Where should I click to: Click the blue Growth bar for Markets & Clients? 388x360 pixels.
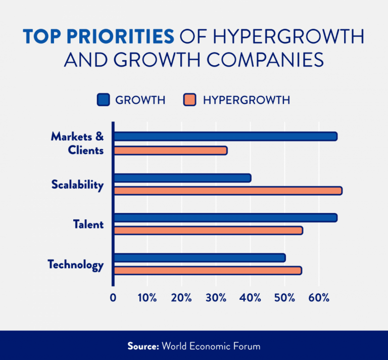pyautogui.click(x=225, y=137)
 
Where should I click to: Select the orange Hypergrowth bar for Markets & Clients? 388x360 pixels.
pyautogui.click(x=170, y=150)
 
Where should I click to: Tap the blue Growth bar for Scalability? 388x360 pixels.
pyautogui.click(x=182, y=178)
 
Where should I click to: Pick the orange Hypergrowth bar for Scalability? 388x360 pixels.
pyautogui.click(x=228, y=191)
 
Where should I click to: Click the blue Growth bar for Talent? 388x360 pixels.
pyautogui.click(x=225, y=218)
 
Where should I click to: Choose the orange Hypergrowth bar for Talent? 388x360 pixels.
pyautogui.click(x=208, y=231)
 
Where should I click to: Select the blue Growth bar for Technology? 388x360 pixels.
pyautogui.click(x=200, y=258)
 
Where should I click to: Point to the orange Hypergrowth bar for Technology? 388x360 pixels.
pyautogui.click(x=208, y=271)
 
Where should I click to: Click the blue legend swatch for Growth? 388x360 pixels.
pyautogui.click(x=103, y=100)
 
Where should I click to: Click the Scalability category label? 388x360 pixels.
pyautogui.click(x=77, y=185)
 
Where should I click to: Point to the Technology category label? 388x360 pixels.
pyautogui.click(x=76, y=264)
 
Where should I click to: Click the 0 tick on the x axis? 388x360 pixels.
pyautogui.click(x=113, y=297)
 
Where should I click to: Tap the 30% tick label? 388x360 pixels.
pyautogui.click(x=217, y=297)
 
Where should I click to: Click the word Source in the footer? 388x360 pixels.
pyautogui.click(x=143, y=346)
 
